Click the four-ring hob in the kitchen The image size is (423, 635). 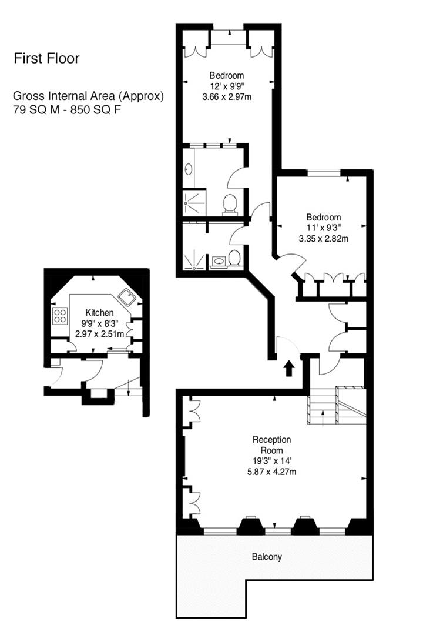point(60,316)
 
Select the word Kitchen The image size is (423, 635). point(99,312)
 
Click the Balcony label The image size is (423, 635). point(267,556)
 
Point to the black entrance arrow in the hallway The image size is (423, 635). point(288,369)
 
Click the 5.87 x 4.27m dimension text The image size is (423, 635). point(272,472)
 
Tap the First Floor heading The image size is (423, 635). point(46,58)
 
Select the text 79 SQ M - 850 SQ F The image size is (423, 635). point(67,110)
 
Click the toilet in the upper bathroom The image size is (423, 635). point(230,203)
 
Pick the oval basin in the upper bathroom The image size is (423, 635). point(188,170)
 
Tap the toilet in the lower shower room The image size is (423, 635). point(234,258)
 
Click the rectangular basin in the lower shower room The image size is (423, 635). point(219,260)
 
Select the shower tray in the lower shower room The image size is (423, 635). point(193,258)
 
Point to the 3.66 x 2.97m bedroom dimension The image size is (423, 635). point(227,96)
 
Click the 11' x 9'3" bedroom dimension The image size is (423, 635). point(320,228)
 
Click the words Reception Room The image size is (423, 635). point(271,444)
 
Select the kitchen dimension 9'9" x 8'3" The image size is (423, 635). point(99,323)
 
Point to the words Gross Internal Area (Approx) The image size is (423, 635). point(89,96)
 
